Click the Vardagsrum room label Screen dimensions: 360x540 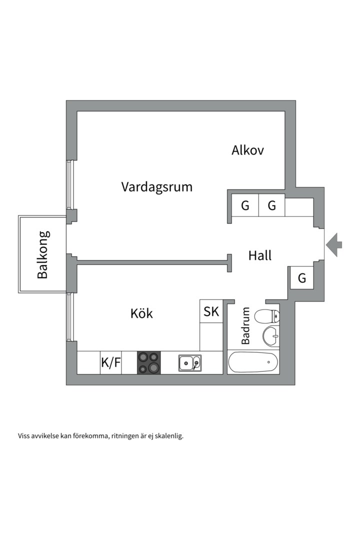tap(156, 187)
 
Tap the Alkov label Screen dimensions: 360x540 tap(247, 150)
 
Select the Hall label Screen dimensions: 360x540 tap(260, 255)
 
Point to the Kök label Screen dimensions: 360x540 tap(141, 313)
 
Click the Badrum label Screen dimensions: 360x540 tap(245, 326)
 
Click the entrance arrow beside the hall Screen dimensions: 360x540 tap(334, 245)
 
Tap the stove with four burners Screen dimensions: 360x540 tap(149, 362)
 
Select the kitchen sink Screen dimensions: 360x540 tap(190, 362)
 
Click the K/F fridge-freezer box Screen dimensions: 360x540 tap(111, 362)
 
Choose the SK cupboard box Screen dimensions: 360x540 tap(211, 311)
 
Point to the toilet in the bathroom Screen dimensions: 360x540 tap(267, 316)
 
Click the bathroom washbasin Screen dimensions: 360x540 tap(271, 335)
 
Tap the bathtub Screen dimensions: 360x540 tap(253, 362)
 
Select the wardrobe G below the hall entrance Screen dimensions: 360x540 tap(302, 277)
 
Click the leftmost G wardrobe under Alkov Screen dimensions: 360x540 tap(245, 205)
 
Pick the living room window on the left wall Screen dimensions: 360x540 tap(70, 184)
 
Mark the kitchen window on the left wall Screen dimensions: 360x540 tap(70, 317)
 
